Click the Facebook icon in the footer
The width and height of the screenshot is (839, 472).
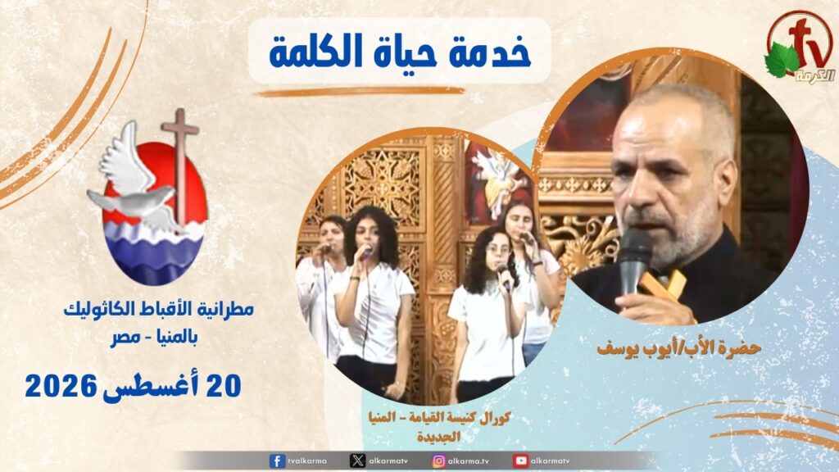coord(277,461)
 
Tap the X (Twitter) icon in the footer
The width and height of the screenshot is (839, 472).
coord(357,461)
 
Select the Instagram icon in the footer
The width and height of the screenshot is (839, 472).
coord(439,461)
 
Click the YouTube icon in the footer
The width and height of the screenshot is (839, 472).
coord(520,461)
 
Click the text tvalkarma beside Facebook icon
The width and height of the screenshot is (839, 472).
coord(307,461)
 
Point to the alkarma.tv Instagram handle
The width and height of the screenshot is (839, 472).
coord(469,461)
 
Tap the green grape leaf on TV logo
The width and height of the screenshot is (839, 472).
coord(782,60)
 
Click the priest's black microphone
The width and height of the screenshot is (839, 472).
coord(635,261)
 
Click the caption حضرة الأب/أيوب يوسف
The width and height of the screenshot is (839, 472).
coord(679,348)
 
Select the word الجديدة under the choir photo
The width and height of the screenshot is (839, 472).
coord(439,437)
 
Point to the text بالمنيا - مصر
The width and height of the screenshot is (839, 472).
coord(154,338)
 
